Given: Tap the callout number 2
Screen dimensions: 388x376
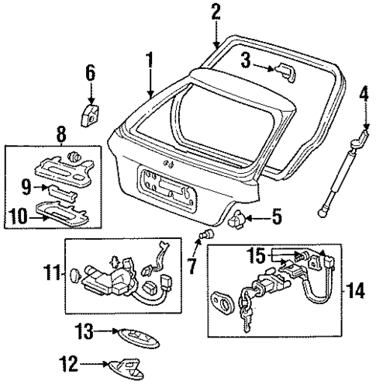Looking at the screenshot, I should (x=216, y=11).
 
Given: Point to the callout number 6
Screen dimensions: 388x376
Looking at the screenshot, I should (x=90, y=73).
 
